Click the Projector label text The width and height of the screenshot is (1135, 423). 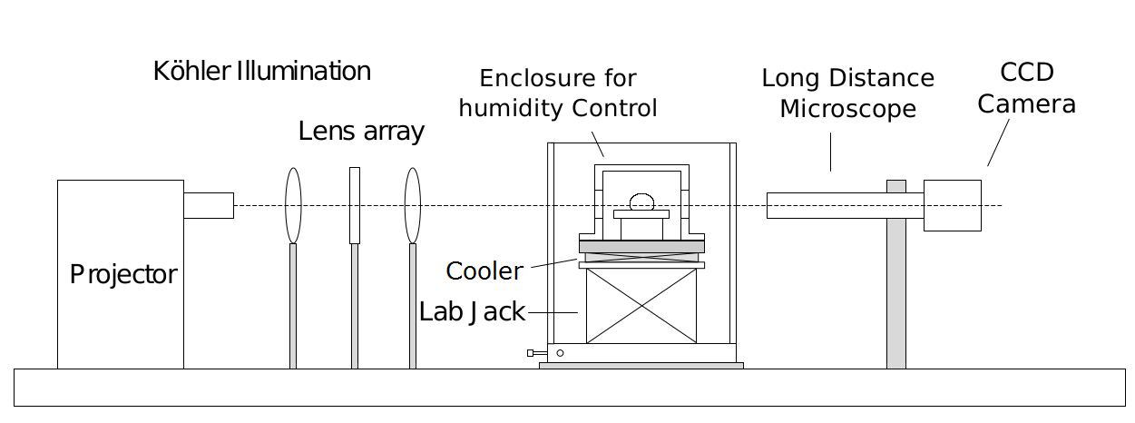click(123, 274)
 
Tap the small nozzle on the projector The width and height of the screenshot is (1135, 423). click(209, 205)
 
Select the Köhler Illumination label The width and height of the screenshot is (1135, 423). click(262, 72)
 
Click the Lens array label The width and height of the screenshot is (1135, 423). click(361, 132)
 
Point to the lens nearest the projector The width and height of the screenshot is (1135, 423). click(293, 205)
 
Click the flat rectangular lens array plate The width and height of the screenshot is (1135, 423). click(355, 205)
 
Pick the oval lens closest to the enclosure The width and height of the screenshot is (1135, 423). click(413, 205)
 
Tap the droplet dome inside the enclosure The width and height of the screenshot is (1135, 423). click(642, 201)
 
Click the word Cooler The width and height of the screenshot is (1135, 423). click(484, 271)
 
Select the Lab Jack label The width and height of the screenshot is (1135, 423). click(472, 312)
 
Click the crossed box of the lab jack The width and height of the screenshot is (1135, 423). click(641, 306)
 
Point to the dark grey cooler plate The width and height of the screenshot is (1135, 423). click(641, 247)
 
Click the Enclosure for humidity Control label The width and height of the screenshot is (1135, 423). click(558, 93)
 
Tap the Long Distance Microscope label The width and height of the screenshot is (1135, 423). click(847, 93)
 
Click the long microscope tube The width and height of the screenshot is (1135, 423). click(826, 205)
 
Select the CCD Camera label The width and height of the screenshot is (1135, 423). click(1026, 88)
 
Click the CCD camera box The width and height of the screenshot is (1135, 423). click(953, 205)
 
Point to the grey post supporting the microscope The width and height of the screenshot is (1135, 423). click(895, 290)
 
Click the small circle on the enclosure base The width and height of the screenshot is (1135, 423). click(560, 353)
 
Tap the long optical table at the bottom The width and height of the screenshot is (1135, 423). click(569, 388)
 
